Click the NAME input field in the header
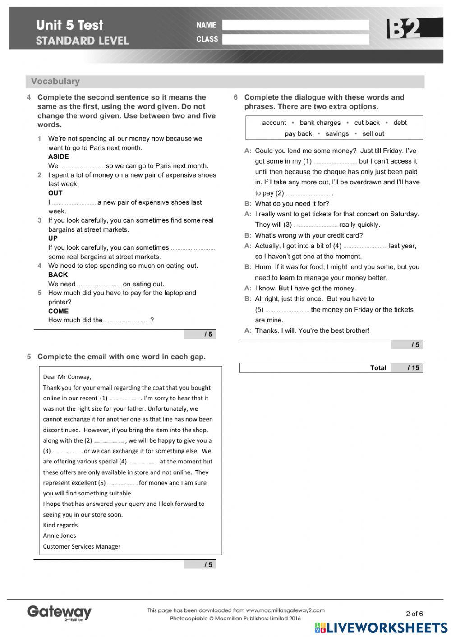(295, 25)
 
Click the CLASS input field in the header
(295, 39)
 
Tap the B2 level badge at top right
(408, 28)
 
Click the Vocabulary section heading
(55, 82)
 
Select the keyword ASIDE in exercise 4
(59, 157)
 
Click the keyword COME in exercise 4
(58, 311)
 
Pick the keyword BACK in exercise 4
(58, 275)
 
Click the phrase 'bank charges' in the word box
(320, 123)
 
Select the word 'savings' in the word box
(337, 133)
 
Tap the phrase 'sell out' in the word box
(373, 133)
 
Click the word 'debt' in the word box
(400, 123)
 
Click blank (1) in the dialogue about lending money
(335, 162)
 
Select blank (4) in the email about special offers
(143, 462)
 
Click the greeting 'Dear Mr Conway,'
(67, 377)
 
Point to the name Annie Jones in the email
(60, 536)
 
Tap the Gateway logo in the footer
(59, 612)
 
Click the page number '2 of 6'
(414, 614)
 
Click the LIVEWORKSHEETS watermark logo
(381, 628)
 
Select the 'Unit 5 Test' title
(69, 25)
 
